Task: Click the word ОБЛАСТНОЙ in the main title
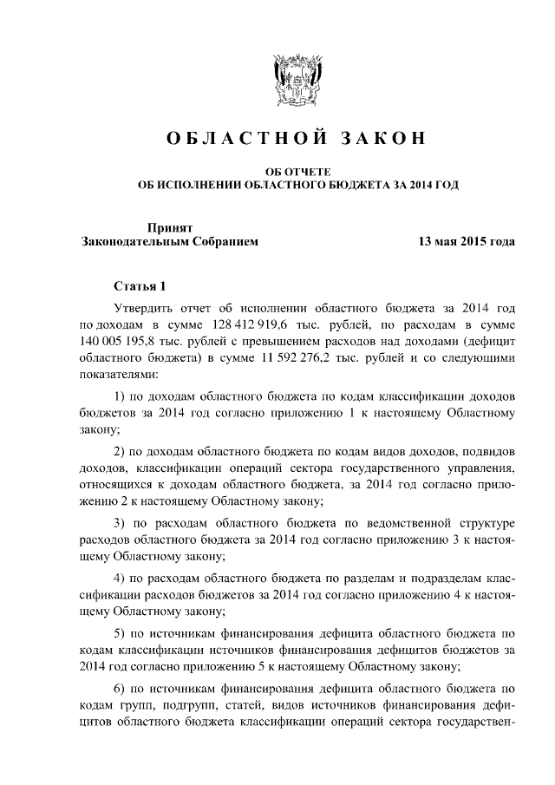click(232, 139)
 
